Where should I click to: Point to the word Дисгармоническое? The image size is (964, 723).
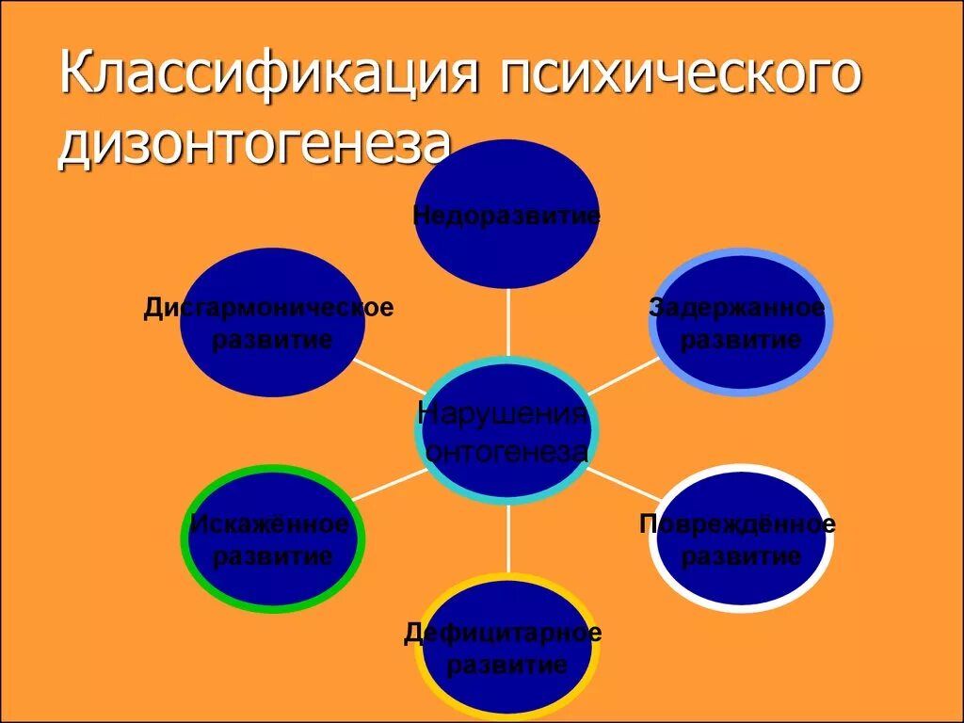pos(268,309)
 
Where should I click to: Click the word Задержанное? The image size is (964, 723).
pos(737,309)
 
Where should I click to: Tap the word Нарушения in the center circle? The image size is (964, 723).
pos(503,414)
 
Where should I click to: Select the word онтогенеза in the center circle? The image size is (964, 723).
pos(506,452)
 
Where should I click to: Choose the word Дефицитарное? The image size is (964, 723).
pos(504,634)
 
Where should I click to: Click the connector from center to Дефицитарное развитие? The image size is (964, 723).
pos(508,537)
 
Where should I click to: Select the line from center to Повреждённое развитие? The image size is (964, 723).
pos(625,484)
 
